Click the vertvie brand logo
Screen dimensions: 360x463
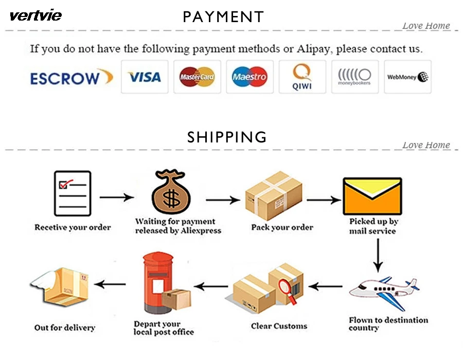35,15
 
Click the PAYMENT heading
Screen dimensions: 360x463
223,17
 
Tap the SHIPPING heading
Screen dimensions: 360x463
227,137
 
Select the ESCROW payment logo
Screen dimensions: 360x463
71,78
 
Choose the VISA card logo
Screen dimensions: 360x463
145,77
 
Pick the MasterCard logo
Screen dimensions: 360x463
197,77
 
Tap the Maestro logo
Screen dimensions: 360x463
250,77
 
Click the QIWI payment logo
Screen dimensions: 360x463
302,77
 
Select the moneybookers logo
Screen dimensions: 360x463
354,77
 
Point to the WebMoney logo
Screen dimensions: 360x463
408,77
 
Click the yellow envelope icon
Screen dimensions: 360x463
372,196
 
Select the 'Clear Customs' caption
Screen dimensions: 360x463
279,326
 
